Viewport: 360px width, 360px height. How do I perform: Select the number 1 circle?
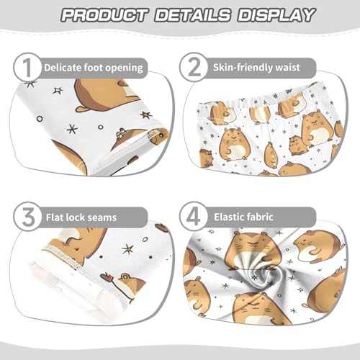tap(26, 68)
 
